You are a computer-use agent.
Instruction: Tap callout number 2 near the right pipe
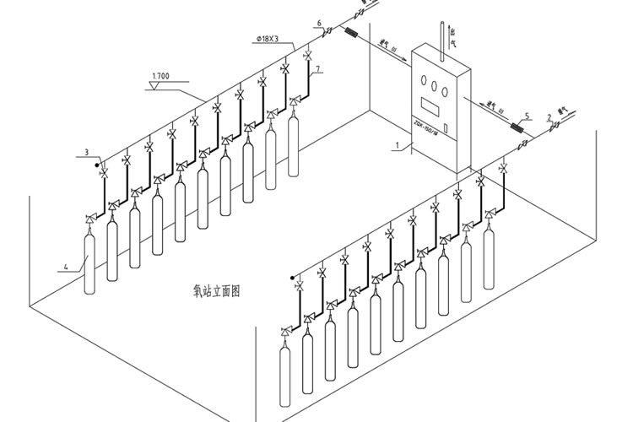549,117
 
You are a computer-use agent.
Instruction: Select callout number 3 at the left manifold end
86,152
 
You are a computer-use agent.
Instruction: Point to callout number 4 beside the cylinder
64,268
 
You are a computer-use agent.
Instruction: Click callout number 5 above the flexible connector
527,116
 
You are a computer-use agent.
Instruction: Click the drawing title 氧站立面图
216,291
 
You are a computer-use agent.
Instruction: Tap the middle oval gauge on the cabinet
436,86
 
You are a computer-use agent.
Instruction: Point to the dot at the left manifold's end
97,163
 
